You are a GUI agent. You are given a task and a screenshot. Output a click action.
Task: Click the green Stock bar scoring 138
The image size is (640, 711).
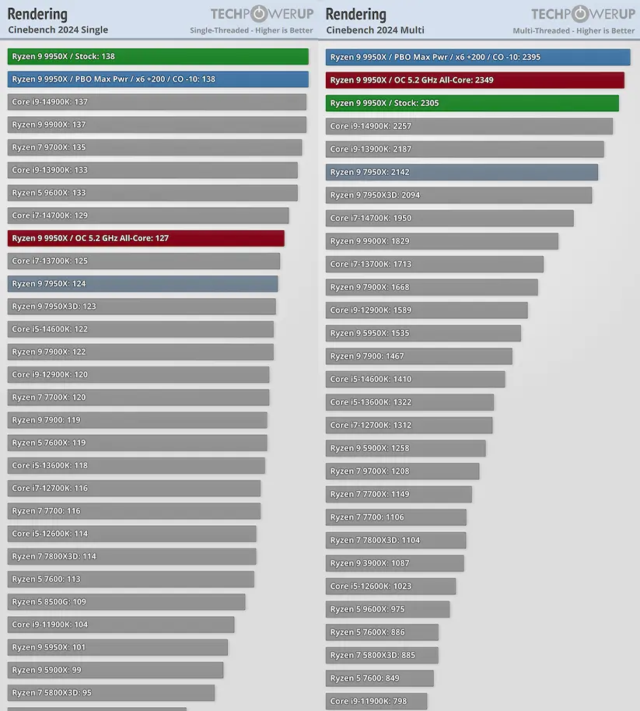coord(158,57)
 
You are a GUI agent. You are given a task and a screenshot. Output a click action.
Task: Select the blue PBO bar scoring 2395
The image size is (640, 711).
coord(477,57)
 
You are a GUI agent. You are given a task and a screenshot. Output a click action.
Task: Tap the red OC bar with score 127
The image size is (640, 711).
coord(146,238)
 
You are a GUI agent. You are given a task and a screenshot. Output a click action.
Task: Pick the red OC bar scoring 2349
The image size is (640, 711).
coord(474,80)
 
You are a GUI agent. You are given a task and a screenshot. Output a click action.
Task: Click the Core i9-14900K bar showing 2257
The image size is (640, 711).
coord(469,126)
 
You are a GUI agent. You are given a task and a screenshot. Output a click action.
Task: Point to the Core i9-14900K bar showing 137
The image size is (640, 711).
coord(157,102)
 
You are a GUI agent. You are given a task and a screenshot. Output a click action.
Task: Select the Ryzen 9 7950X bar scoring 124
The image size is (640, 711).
coord(142,284)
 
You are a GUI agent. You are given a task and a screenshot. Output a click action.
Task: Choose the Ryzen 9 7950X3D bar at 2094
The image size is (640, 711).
coord(458,195)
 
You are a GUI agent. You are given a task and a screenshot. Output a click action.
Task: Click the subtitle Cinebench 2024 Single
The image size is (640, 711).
coord(58,30)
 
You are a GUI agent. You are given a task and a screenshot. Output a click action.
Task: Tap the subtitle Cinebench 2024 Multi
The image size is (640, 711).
coord(375,30)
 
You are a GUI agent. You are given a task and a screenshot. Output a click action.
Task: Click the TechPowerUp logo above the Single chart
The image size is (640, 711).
coord(261,14)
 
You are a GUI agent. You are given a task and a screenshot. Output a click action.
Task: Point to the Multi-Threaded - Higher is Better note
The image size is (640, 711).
coord(573,31)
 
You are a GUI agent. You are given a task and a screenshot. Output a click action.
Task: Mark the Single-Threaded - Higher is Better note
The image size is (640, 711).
coord(251,31)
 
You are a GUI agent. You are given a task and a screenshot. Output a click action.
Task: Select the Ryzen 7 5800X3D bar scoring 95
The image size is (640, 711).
coord(111,692)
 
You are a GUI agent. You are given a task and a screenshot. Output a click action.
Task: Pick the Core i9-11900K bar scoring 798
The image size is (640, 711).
coord(376,701)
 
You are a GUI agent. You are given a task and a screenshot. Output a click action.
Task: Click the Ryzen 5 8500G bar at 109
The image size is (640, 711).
coord(127,601)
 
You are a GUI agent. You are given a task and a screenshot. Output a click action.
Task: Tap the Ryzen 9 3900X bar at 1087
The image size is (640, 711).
coord(394,563)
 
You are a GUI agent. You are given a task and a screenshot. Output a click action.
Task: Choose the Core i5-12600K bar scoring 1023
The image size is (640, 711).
coord(390,586)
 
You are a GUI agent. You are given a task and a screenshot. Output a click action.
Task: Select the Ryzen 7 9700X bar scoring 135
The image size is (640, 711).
coord(155,147)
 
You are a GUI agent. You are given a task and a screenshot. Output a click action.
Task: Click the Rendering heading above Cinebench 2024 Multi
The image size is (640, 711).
coord(356,14)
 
